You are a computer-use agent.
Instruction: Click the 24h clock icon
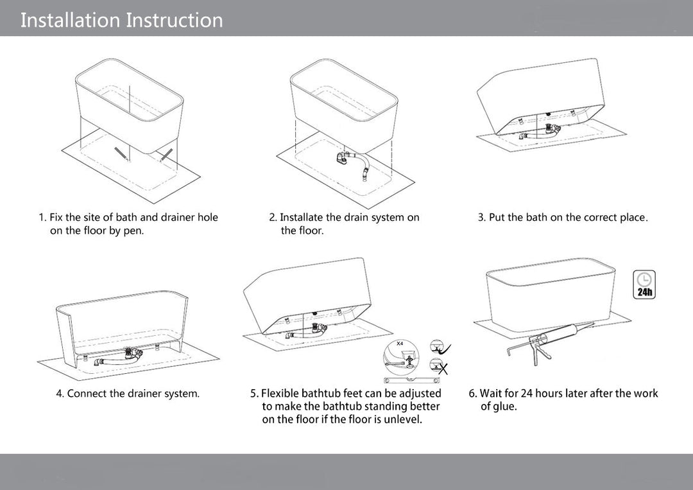pyautogui.click(x=644, y=284)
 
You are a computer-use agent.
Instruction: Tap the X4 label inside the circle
pyautogui.click(x=400, y=344)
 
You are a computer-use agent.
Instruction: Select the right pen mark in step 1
pyautogui.click(x=167, y=154)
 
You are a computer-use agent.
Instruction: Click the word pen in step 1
pyautogui.click(x=133, y=231)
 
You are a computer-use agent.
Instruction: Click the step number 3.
pyautogui.click(x=481, y=218)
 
